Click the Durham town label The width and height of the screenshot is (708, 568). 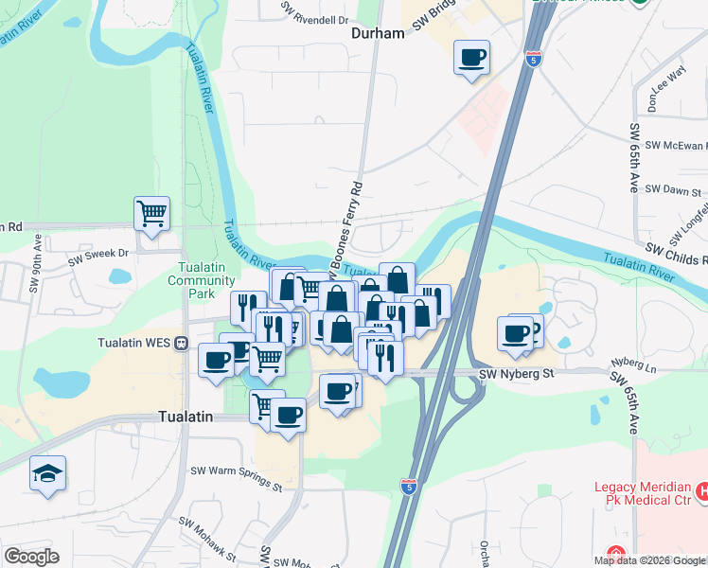(378, 33)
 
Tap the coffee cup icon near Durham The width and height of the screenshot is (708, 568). (471, 59)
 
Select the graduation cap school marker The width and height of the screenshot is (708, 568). (47, 473)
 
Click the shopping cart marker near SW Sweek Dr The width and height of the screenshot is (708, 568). (151, 213)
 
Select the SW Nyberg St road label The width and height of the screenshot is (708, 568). (515, 374)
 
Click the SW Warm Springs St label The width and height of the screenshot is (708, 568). (236, 479)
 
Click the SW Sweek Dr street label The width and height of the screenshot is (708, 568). (98, 254)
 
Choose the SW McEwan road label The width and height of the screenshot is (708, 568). (676, 146)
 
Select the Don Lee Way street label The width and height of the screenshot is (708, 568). (666, 86)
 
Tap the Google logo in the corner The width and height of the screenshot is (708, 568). (31, 557)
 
